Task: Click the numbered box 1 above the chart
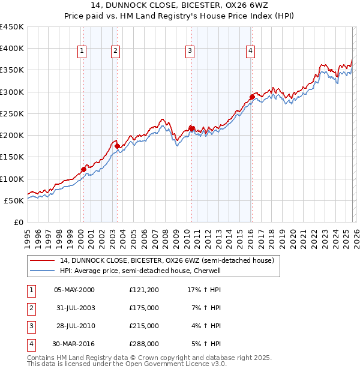pyautogui.click(x=81, y=51)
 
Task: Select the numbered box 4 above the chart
pyautogui.click(x=249, y=51)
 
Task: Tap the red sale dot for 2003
pyautogui.click(x=117, y=146)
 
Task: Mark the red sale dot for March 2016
pyautogui.click(x=252, y=97)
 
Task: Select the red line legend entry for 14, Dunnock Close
pyautogui.click(x=167, y=260)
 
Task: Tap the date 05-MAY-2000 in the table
pyautogui.click(x=74, y=290)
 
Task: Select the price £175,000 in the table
pyautogui.click(x=144, y=308)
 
